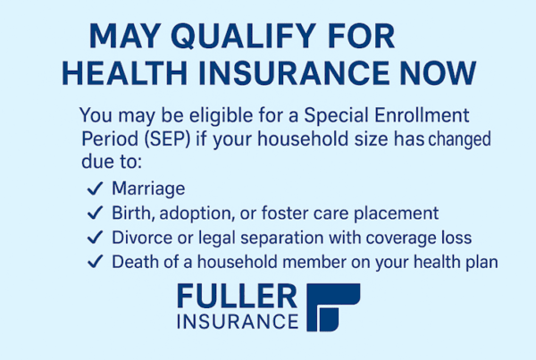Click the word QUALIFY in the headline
(243, 36)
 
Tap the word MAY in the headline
(125, 36)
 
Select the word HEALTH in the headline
(124, 73)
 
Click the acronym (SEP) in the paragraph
(167, 138)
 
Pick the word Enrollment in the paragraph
(422, 115)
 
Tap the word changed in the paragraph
(459, 139)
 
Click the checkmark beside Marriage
(95, 188)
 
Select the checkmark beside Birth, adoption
(95, 213)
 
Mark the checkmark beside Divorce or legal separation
(95, 238)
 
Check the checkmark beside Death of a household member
(95, 262)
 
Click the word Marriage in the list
(148, 188)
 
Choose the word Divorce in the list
(142, 238)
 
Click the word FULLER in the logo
(238, 297)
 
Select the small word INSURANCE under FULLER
(238, 322)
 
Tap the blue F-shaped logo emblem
(333, 307)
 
